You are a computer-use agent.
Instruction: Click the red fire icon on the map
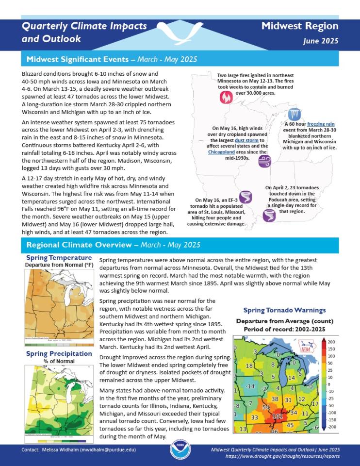click(x=226, y=97)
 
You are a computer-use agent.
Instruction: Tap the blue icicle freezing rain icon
click(x=294, y=115)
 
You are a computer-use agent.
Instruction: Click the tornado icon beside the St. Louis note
click(x=246, y=197)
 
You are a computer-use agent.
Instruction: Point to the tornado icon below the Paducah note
click(x=268, y=215)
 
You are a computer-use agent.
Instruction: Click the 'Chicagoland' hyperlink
click(x=221, y=152)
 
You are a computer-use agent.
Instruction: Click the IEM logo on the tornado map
click(x=307, y=348)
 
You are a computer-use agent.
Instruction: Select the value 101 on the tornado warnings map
click(x=278, y=416)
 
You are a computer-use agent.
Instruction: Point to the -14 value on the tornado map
click(x=249, y=386)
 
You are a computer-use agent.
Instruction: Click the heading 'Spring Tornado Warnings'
click(x=284, y=310)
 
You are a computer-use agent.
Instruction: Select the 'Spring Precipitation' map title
click(x=59, y=353)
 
